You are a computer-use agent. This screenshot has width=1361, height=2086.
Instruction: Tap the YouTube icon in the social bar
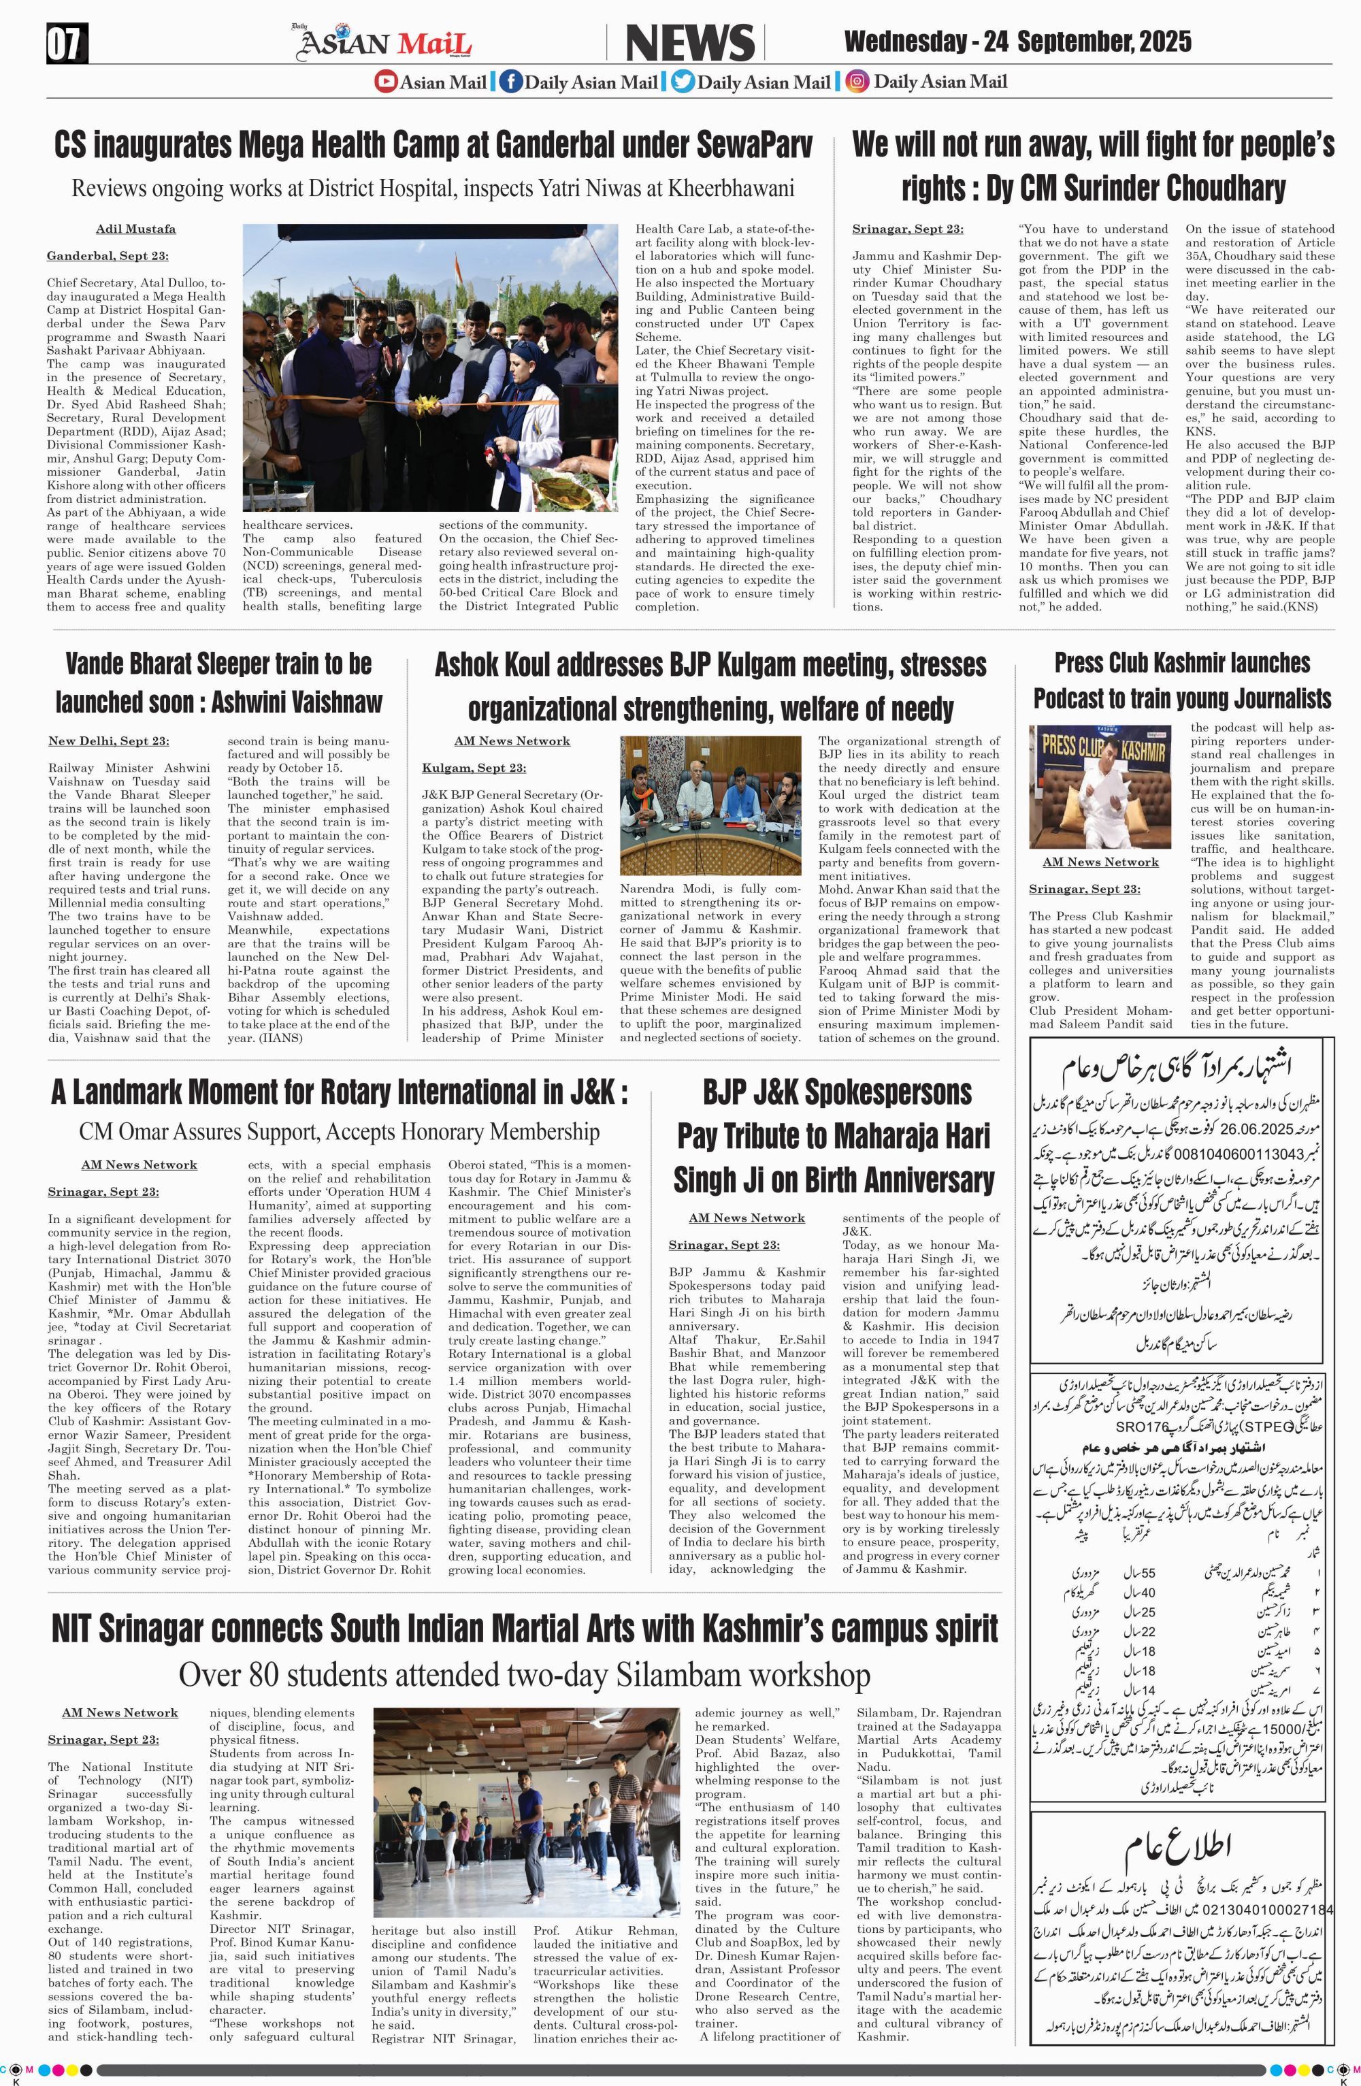[386, 82]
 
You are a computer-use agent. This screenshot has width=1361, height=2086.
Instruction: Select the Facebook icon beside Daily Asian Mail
[511, 82]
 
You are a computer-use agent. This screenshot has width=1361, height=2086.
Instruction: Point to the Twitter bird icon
[683, 82]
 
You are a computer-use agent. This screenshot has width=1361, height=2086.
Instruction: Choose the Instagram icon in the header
[858, 82]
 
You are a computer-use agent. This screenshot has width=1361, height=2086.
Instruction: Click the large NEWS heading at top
[690, 44]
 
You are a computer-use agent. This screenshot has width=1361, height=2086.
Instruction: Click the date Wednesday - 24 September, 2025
[1017, 42]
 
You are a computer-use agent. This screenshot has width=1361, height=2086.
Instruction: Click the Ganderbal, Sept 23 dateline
[108, 256]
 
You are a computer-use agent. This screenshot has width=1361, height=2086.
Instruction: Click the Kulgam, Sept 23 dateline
[474, 768]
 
